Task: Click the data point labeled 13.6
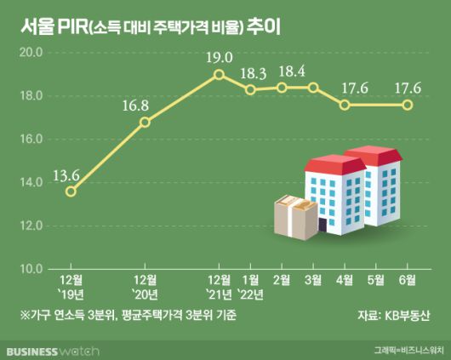click(71, 191)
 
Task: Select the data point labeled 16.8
click(145, 122)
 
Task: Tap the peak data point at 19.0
click(219, 74)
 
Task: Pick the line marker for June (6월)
click(408, 105)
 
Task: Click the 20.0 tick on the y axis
click(31, 52)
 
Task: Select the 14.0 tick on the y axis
click(31, 182)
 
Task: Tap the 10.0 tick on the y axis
click(31, 269)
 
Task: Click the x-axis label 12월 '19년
click(71, 288)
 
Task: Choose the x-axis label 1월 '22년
click(251, 288)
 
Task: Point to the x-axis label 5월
click(376, 279)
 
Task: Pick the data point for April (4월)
click(344, 105)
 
